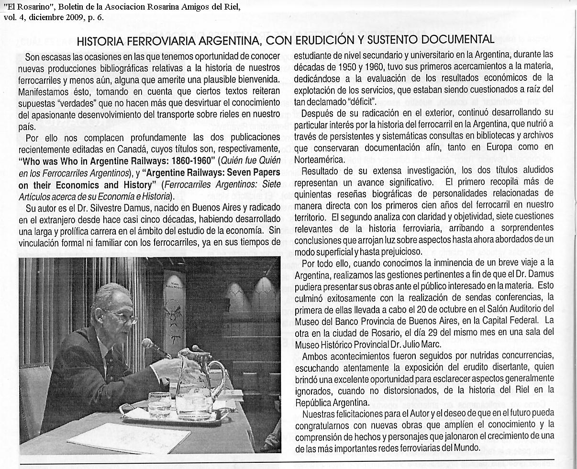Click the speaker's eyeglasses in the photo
coord(122,316)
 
